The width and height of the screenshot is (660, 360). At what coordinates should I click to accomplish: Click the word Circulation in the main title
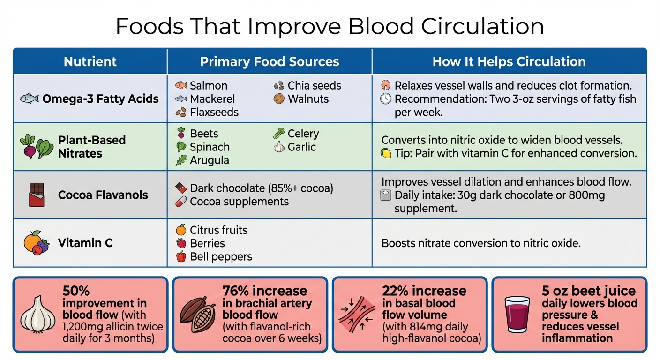[x=483, y=26]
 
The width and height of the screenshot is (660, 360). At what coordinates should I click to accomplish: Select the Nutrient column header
[x=90, y=62]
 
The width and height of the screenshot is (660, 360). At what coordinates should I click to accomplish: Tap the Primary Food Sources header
[x=270, y=62]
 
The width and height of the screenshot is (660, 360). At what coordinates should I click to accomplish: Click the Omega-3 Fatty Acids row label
[x=100, y=99]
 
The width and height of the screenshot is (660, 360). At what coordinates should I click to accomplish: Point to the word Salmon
[x=209, y=86]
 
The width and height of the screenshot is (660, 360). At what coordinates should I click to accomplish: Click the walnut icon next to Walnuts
[x=279, y=99]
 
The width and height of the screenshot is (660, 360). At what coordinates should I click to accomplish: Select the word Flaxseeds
[x=214, y=112]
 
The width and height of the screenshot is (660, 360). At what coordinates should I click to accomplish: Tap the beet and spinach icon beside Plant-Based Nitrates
[x=37, y=146]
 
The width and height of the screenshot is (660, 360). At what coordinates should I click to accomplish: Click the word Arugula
[x=210, y=160]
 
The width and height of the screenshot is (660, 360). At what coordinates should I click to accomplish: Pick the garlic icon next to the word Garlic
[x=279, y=147]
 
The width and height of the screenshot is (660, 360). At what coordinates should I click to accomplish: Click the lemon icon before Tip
[x=386, y=153]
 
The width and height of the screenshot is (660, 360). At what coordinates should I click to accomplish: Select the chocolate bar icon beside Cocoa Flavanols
[x=37, y=195]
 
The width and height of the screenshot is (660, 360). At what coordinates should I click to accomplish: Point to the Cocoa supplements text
[x=239, y=202]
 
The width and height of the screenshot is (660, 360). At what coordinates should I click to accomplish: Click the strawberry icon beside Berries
[x=180, y=243]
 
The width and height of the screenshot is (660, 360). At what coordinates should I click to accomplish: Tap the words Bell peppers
[x=221, y=257]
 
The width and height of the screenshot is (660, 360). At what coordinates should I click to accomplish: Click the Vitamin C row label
[x=85, y=243]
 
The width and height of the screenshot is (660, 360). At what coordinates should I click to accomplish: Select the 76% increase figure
[x=264, y=291]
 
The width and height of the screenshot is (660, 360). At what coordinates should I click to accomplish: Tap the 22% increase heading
[x=424, y=291]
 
